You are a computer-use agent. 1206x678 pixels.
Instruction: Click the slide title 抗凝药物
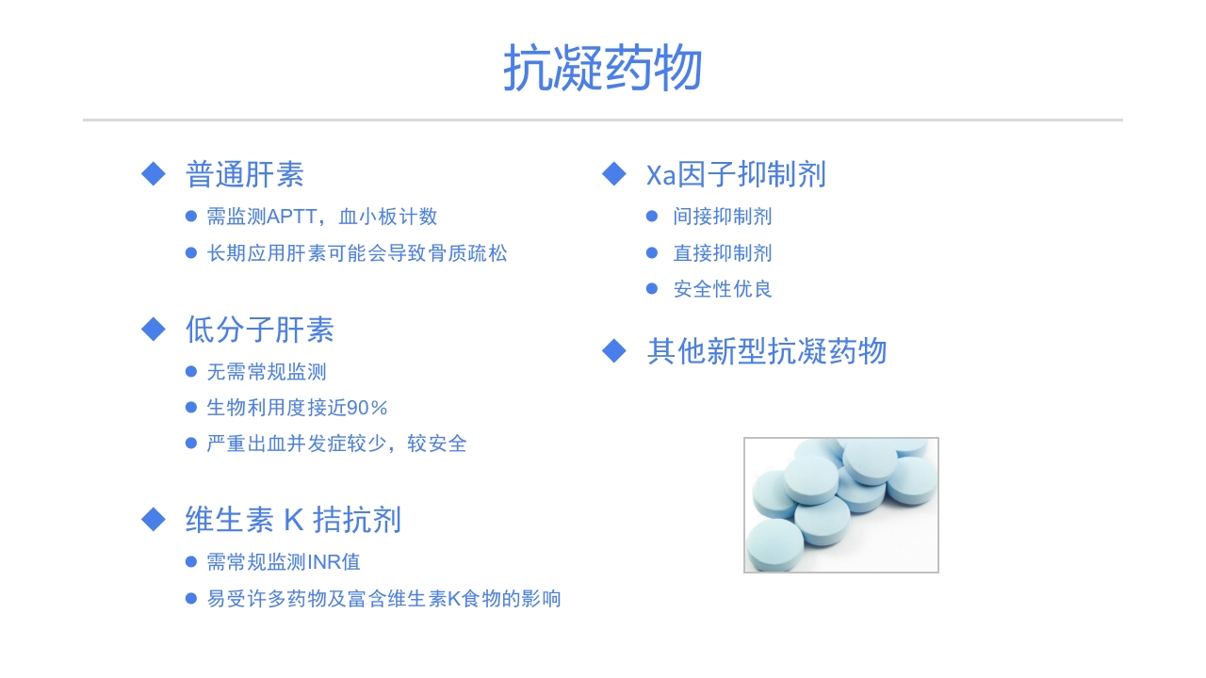pos(603,68)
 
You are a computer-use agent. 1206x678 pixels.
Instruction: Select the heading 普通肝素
pos(245,175)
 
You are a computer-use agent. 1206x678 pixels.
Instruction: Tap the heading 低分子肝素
pos(260,330)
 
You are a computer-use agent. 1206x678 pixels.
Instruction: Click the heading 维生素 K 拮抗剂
pos(293,520)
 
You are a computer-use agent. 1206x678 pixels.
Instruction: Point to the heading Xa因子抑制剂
pos(736,175)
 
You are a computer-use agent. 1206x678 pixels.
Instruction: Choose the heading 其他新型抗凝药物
pos(767,351)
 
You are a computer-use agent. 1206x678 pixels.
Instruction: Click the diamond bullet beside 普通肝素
pos(154,174)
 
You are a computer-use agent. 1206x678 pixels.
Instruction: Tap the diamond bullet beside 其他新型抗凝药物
pos(614,351)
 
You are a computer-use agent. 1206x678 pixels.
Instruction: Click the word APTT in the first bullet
pos(295,217)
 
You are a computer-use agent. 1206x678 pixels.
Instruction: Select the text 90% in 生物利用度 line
pos(367,408)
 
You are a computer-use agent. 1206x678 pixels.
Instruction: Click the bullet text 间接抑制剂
pos(723,217)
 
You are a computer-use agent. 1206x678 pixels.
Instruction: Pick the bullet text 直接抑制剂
pos(723,253)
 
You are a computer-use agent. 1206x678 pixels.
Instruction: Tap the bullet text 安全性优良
pos(723,289)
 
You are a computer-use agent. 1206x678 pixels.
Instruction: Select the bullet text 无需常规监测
pos(267,372)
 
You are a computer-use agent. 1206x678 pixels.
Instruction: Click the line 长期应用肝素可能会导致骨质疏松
pos(357,253)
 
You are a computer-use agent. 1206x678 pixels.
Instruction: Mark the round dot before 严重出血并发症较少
pos(191,444)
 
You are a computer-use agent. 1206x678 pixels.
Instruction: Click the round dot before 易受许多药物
pos(191,599)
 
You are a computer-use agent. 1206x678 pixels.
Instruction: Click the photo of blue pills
pos(841,505)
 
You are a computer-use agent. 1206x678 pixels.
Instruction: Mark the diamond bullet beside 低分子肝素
pos(154,329)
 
